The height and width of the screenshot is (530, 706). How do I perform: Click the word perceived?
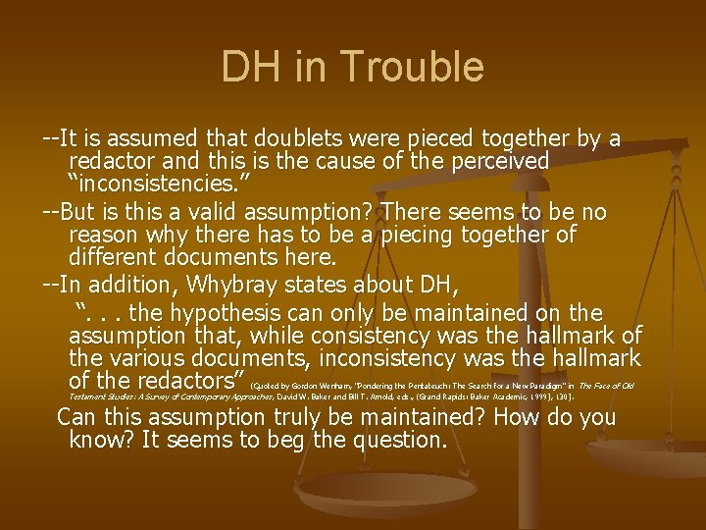point(499,161)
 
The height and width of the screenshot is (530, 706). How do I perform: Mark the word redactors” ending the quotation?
point(192,381)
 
